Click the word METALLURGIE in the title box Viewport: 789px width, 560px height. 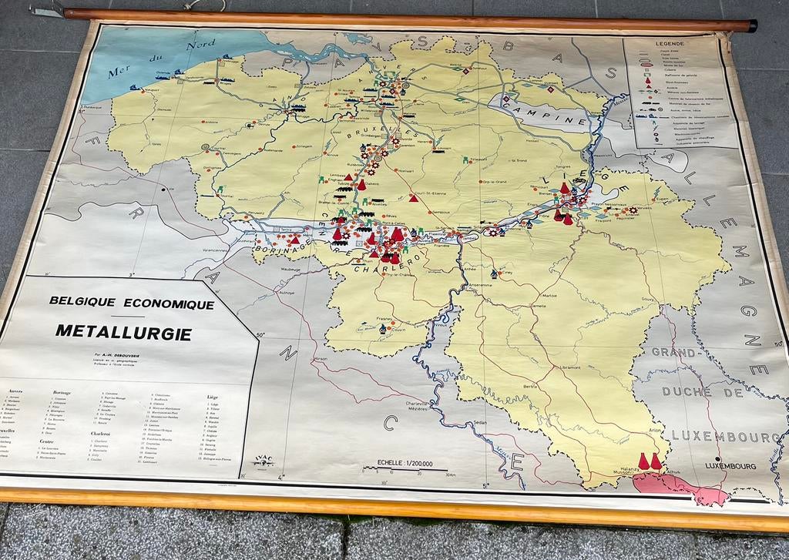point(123,332)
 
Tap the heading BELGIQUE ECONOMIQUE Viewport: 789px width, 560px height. point(132,303)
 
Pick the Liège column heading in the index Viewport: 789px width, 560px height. point(213,398)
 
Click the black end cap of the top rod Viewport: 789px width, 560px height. point(751,26)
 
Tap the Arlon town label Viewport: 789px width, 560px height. point(656,431)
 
